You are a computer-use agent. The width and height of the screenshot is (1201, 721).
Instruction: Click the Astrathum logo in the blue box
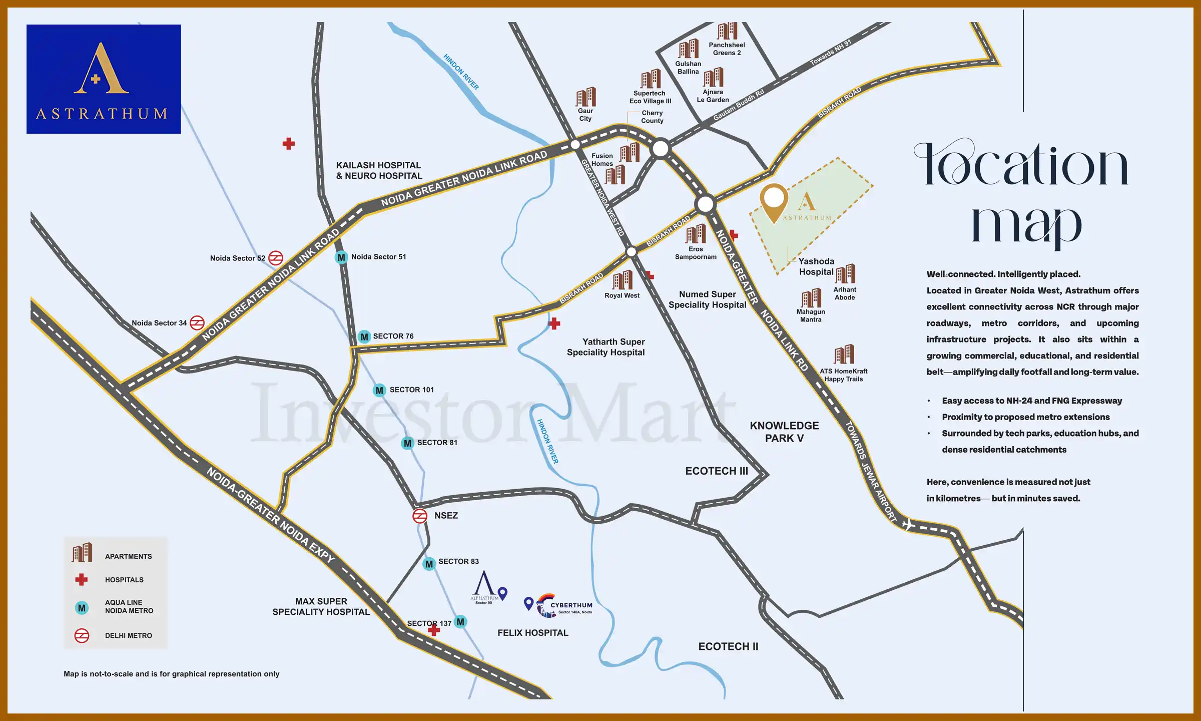103,79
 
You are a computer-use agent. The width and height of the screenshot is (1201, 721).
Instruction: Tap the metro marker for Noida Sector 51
341,257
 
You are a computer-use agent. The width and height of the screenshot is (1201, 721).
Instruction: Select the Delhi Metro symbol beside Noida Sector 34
197,323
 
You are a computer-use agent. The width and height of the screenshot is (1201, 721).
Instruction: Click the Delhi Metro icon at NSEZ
419,516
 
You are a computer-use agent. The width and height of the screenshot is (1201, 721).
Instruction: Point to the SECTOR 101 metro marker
379,390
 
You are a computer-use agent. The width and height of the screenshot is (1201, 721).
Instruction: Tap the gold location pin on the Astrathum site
774,200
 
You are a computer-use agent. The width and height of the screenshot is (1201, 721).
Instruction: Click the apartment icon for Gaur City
585,97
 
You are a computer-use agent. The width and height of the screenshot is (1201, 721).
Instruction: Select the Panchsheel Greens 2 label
727,49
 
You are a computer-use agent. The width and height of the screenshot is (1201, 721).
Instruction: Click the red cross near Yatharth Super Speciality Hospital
554,323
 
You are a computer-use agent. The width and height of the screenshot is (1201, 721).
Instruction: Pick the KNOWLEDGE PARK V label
784,432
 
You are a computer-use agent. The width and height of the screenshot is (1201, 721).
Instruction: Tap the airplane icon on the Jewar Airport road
907,524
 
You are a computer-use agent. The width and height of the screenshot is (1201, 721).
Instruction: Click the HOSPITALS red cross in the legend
81,579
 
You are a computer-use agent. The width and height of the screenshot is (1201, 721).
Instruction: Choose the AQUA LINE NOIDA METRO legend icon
82,608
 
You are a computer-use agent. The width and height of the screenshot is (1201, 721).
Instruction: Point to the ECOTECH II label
728,646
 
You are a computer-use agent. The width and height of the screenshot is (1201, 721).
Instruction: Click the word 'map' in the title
1026,225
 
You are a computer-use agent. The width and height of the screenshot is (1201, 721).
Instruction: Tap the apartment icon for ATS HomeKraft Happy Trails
844,354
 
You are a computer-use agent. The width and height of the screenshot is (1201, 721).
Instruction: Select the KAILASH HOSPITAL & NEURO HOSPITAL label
379,170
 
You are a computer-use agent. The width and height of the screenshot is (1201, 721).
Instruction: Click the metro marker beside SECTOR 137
460,622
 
